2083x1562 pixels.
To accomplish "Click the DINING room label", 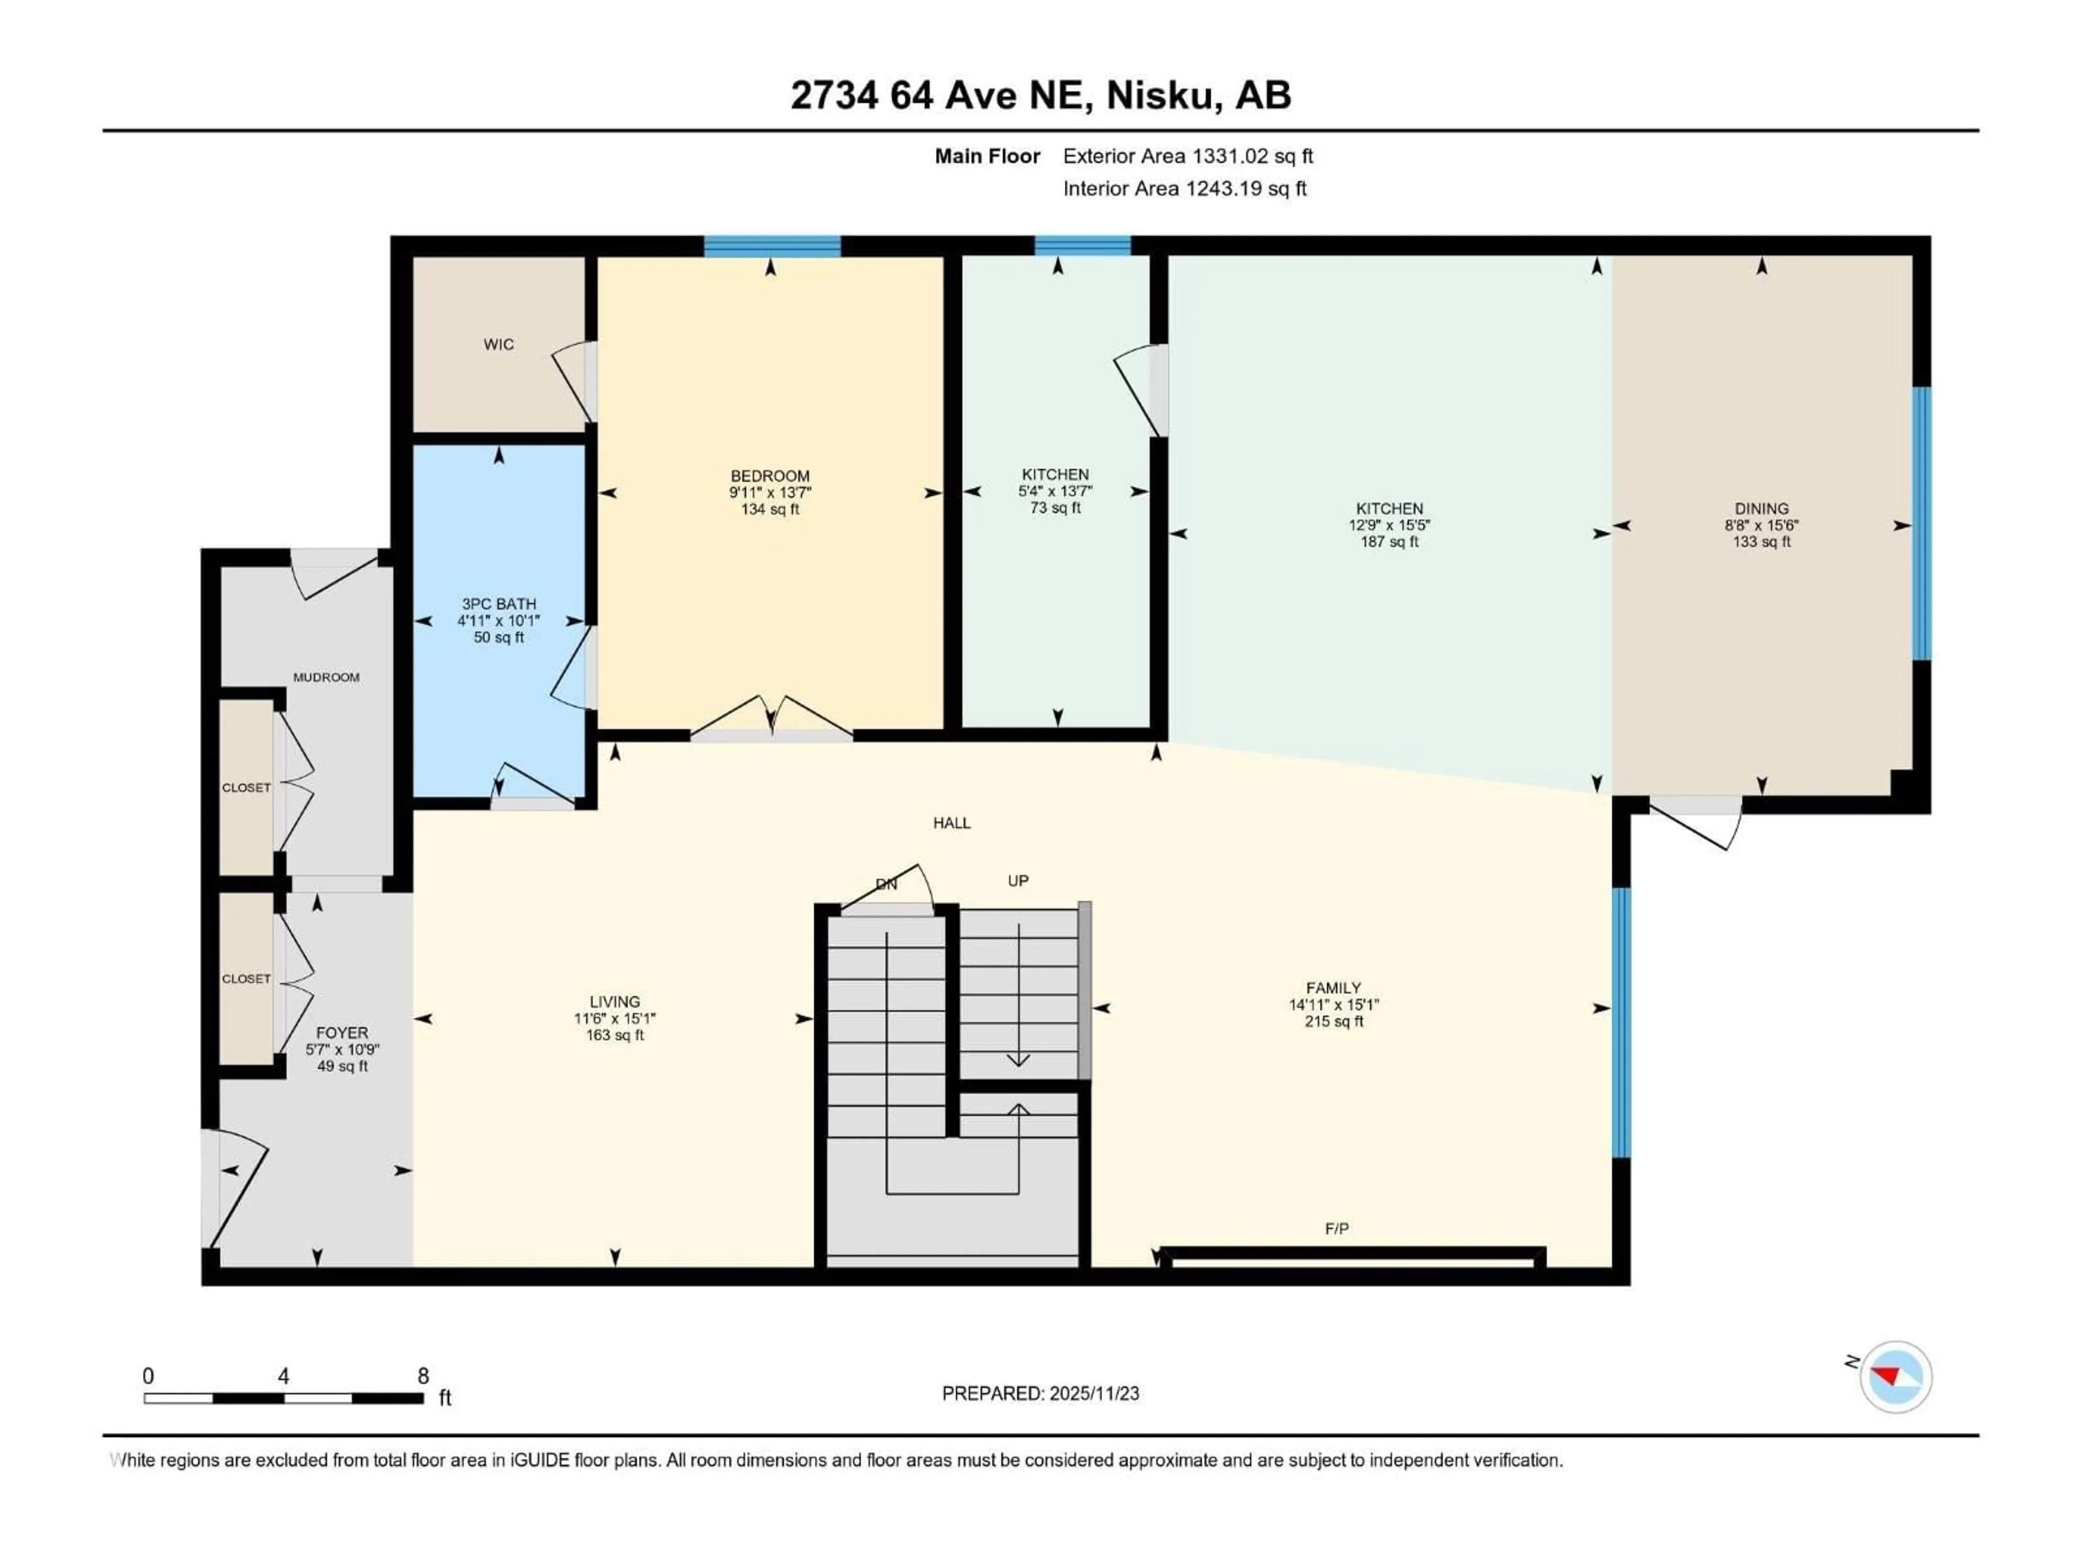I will [1761, 508].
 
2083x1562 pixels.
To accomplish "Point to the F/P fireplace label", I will [1336, 1228].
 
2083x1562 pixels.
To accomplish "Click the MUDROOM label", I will [326, 677].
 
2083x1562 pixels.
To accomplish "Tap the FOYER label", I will [342, 1032].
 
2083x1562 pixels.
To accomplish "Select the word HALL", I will [951, 823].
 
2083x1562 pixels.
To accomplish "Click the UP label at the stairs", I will [1018, 880].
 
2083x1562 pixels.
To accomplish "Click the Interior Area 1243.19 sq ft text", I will [1185, 188].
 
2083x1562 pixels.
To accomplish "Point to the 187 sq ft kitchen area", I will [1389, 542].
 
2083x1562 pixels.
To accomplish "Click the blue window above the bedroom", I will [772, 247].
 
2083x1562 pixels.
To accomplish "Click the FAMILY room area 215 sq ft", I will [1333, 1022].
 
